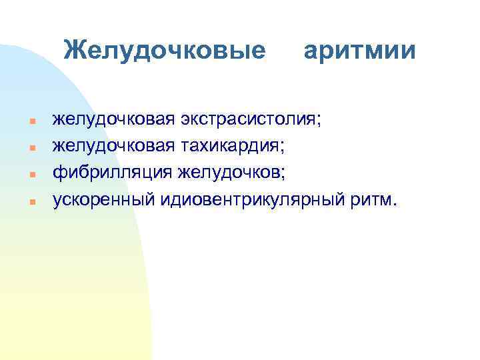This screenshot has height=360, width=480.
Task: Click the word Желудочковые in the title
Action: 164,50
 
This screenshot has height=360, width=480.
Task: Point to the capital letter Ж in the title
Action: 75,49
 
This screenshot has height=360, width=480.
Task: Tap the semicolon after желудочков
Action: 283,175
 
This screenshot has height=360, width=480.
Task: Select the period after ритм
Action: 393,203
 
